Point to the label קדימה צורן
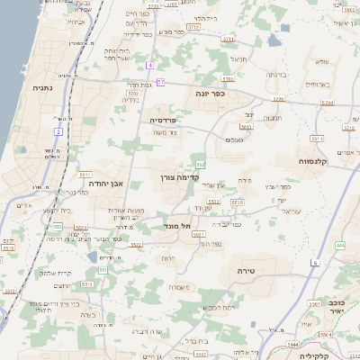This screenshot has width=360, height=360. tap(178, 178)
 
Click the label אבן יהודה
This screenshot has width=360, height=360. tap(103, 182)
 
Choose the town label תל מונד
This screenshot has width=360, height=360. tap(178, 227)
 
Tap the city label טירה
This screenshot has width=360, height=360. tap(247, 270)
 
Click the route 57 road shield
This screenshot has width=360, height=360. tap(160, 83)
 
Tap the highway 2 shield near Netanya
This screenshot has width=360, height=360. tap(58, 132)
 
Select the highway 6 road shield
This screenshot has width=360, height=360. tap(315, 263)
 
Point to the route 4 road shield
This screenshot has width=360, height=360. tap(151, 65)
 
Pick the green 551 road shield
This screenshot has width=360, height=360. tap(102, 270)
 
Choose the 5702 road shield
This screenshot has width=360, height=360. tap(133, 93)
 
